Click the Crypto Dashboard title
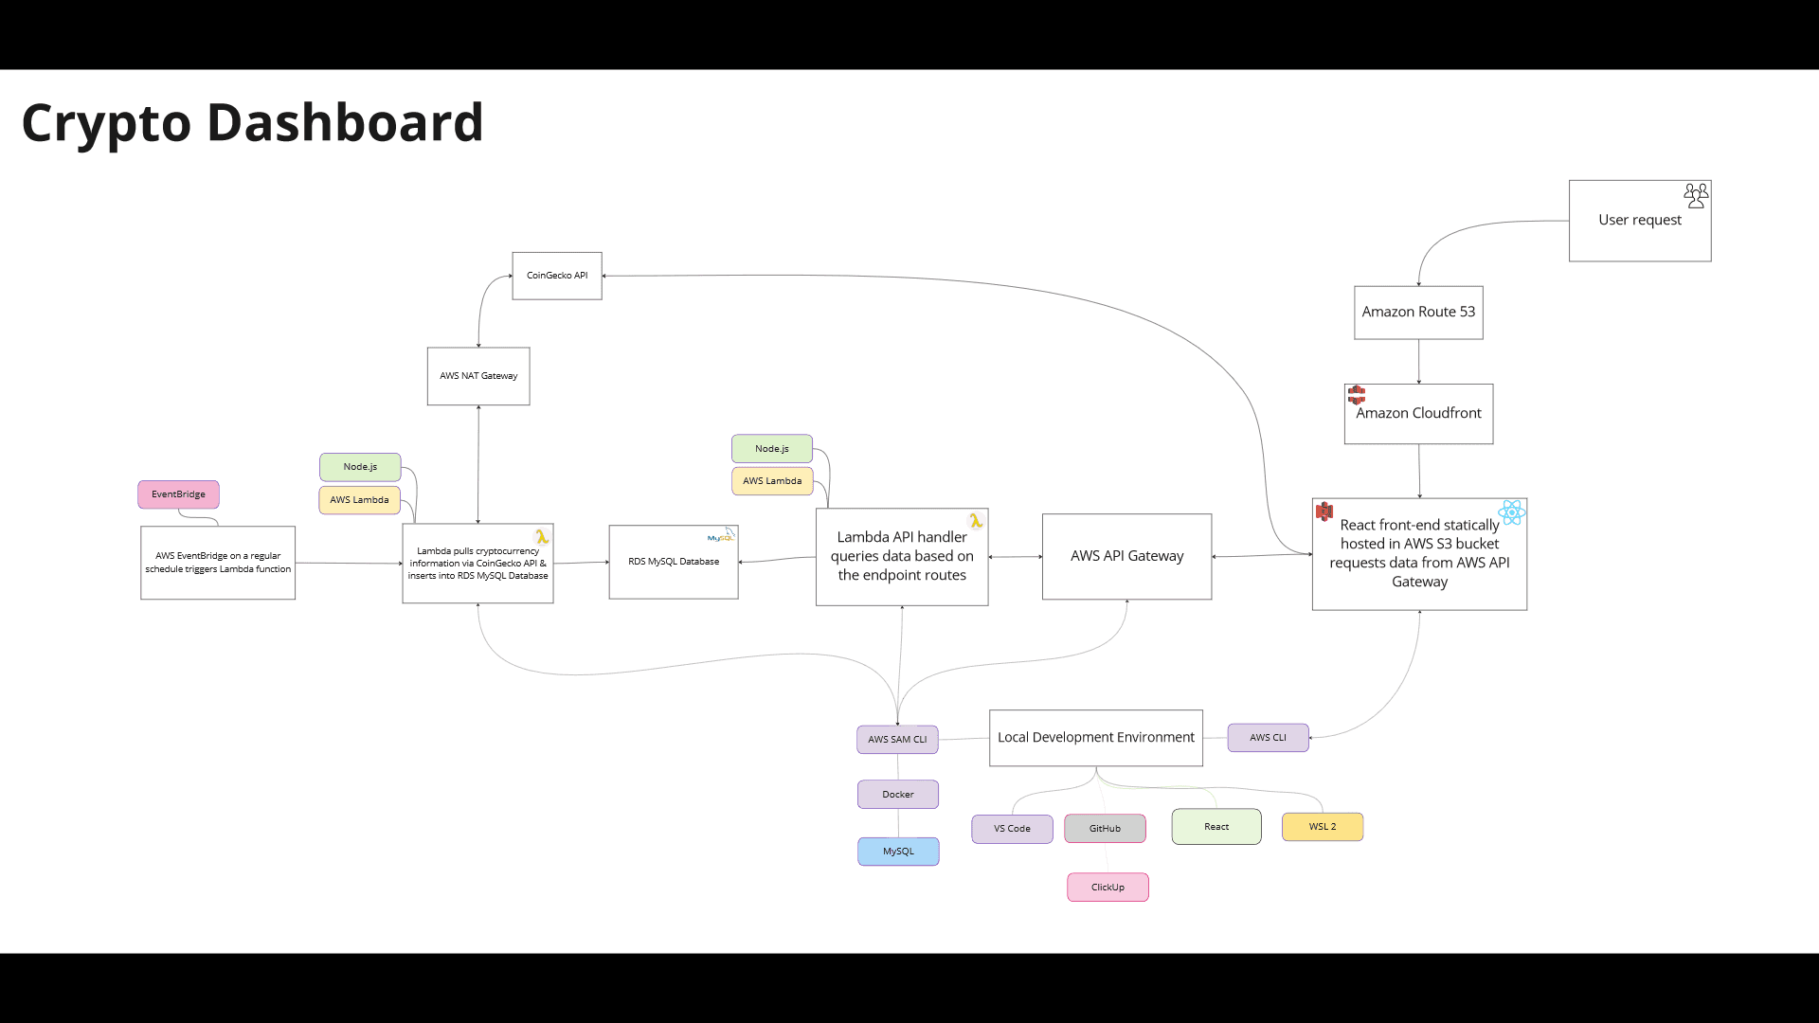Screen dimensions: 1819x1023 (x=252, y=123)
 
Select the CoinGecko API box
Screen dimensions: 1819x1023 (x=557, y=276)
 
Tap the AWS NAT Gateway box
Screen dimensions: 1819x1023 (x=478, y=376)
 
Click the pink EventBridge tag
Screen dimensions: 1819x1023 (x=178, y=494)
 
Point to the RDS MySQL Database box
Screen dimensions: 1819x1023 (x=674, y=562)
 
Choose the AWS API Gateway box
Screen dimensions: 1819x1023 (x=1127, y=557)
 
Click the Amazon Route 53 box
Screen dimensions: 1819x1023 (x=1418, y=313)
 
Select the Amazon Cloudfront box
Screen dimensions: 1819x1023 (x=1418, y=414)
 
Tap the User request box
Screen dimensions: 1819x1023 (x=1640, y=221)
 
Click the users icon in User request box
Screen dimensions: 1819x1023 (x=1696, y=196)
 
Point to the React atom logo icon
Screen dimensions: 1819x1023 (x=1512, y=512)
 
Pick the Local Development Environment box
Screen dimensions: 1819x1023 (x=1096, y=738)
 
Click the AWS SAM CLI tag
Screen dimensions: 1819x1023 (x=897, y=740)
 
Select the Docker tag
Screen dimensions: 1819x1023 (x=898, y=795)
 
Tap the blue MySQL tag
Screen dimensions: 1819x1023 (x=898, y=852)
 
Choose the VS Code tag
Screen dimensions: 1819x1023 (x=1012, y=829)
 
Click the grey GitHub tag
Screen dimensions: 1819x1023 (x=1105, y=829)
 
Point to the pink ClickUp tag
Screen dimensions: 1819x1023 (x=1108, y=888)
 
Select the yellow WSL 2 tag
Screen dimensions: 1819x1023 (x=1323, y=827)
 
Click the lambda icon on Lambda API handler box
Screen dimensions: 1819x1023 (x=975, y=521)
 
